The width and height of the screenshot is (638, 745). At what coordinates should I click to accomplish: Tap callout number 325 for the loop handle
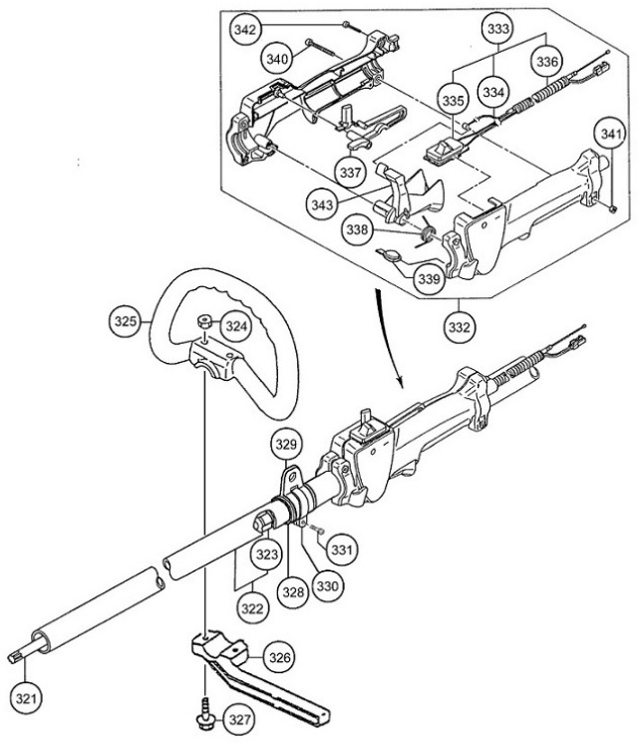pyautogui.click(x=125, y=323)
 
